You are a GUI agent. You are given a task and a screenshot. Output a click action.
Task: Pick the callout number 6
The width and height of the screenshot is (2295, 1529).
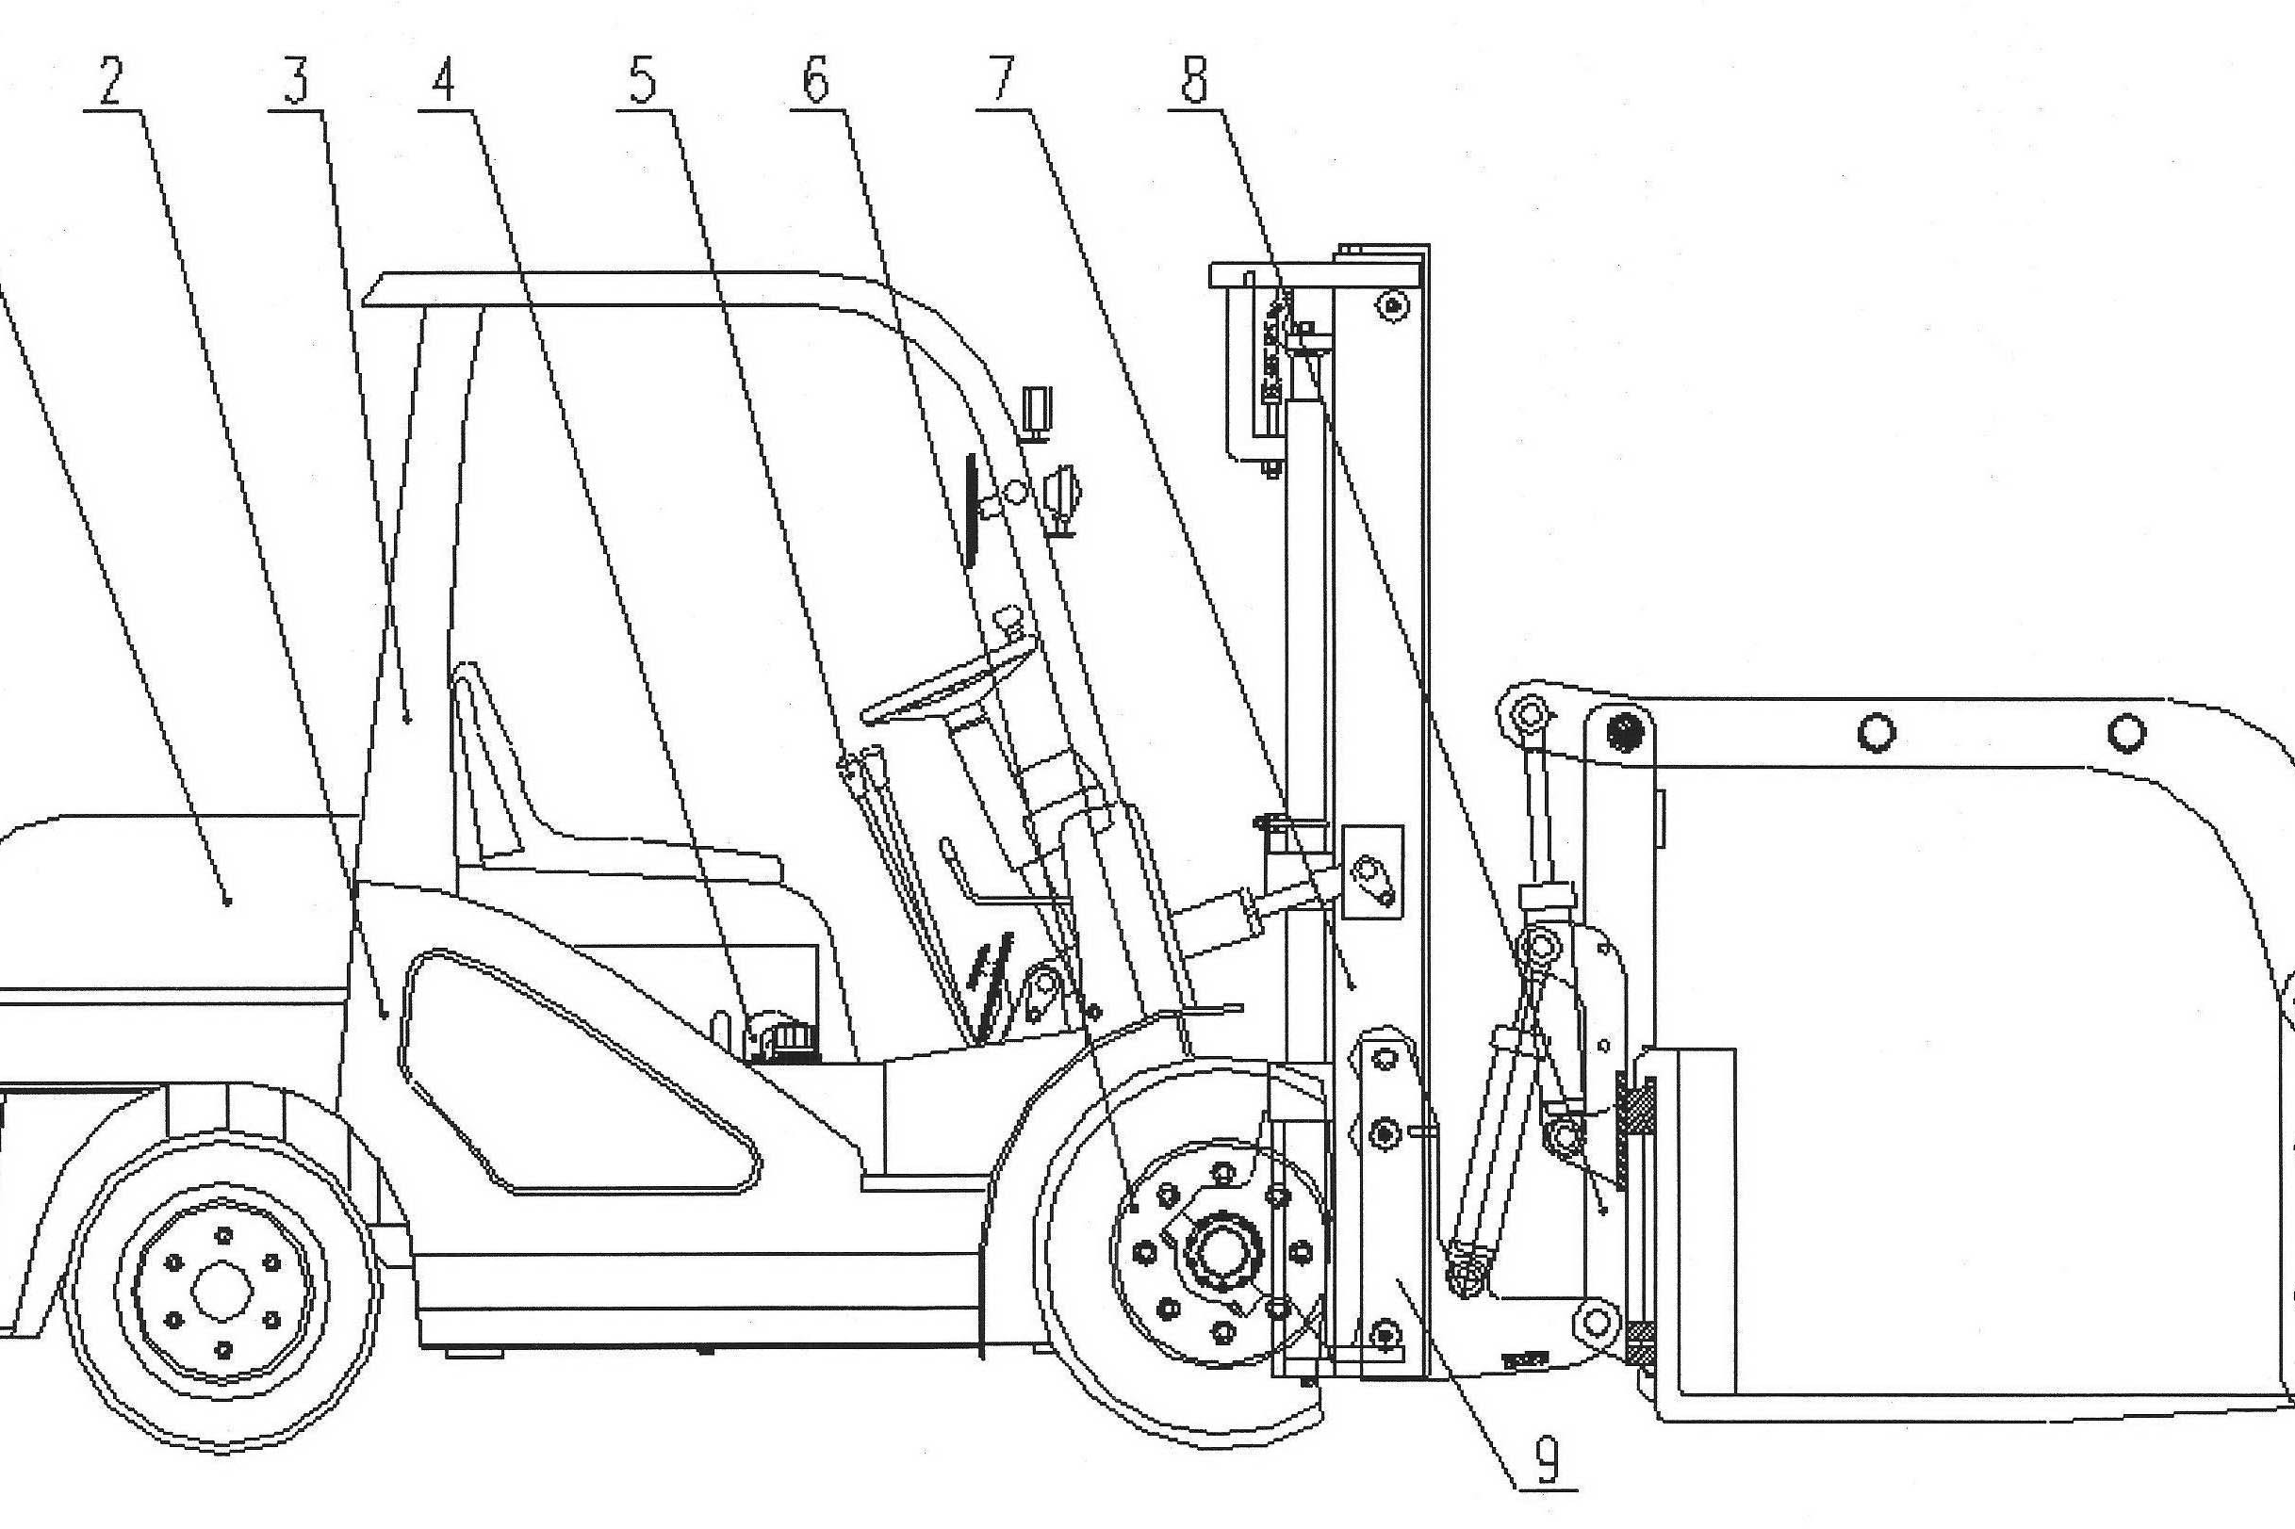(815, 82)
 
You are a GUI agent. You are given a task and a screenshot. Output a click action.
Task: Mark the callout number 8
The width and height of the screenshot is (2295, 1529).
(1193, 81)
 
